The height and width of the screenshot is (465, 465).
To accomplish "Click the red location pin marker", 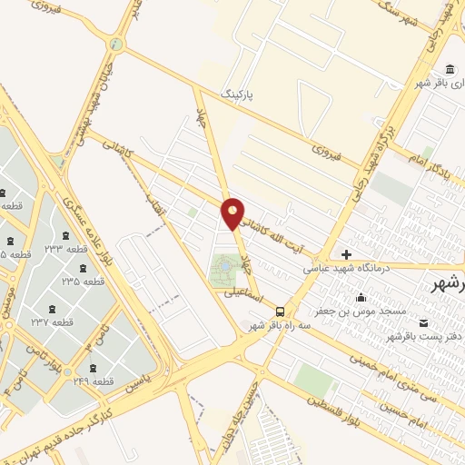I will (233, 213).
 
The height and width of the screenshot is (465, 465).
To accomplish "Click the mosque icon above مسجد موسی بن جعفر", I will (362, 297).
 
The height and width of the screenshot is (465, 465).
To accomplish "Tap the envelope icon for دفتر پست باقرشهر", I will (422, 322).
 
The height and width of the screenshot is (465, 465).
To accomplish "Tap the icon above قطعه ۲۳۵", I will (83, 268).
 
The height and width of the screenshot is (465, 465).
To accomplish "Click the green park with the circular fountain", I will (223, 268).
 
